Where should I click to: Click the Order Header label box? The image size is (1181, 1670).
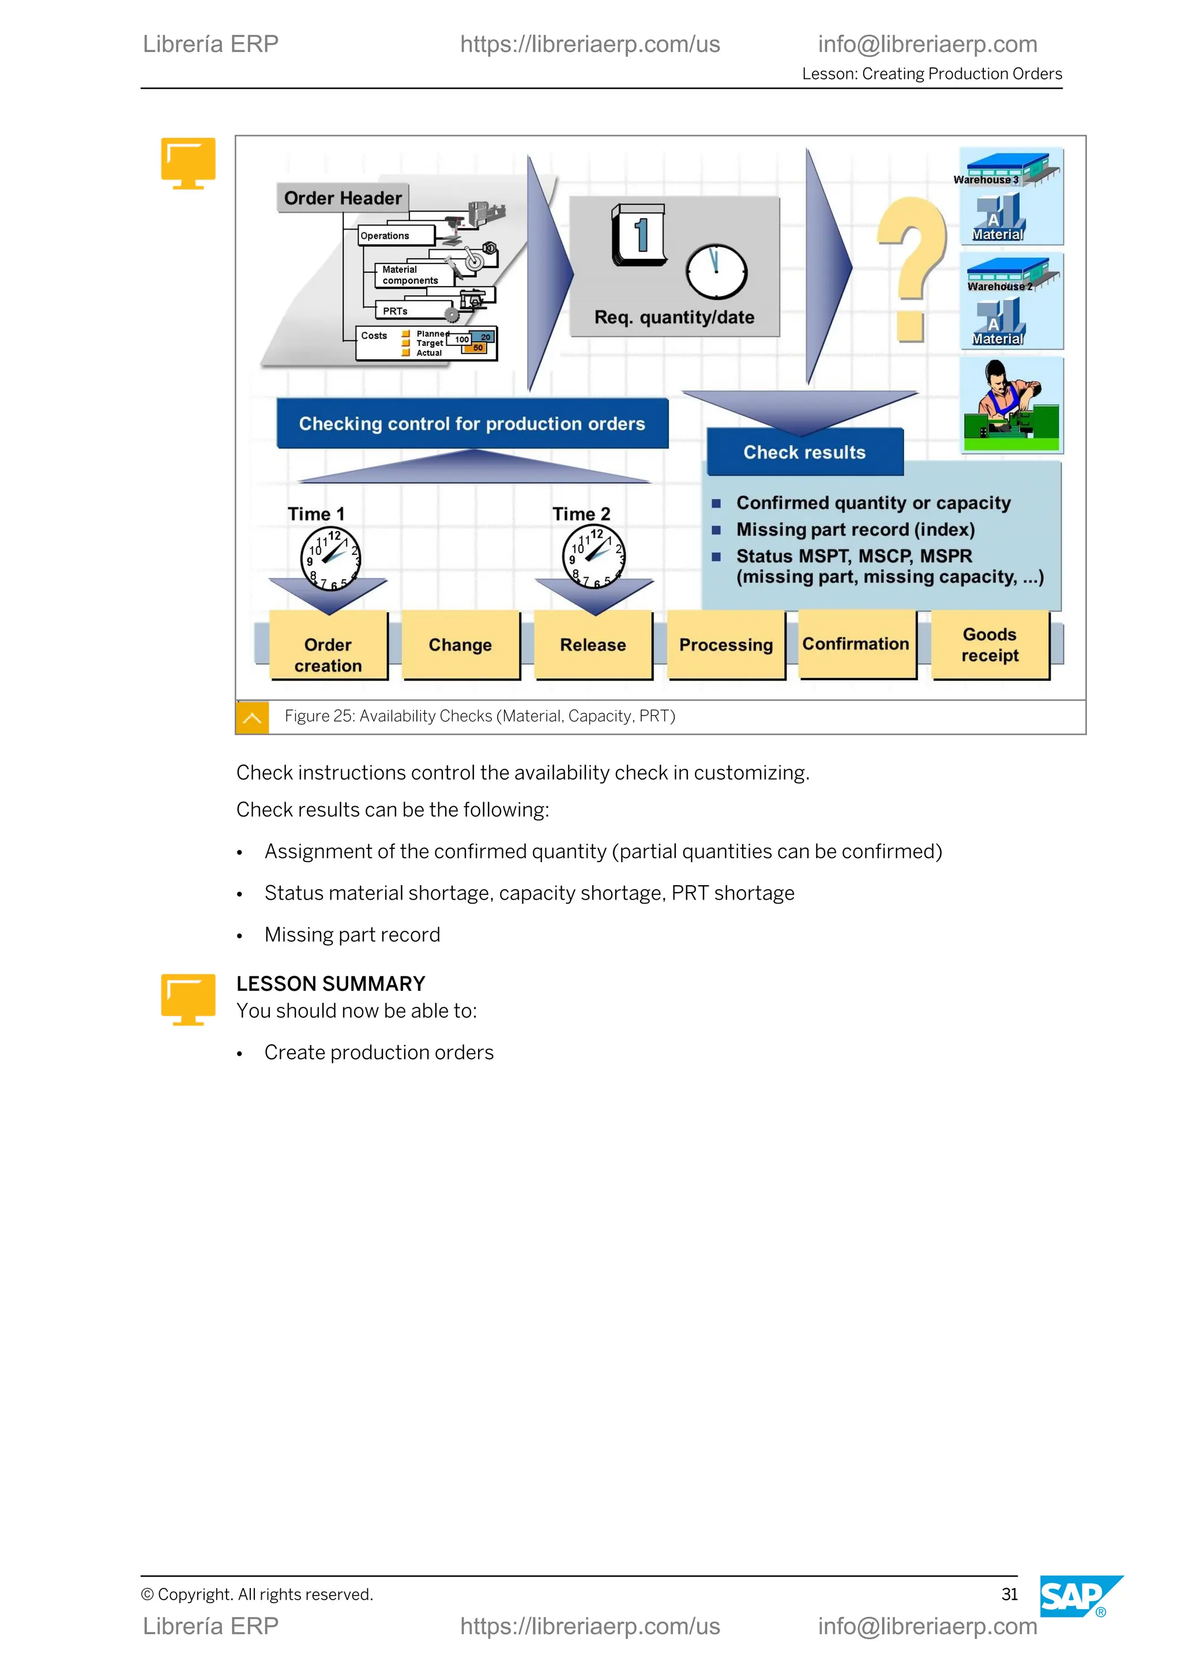tap(343, 198)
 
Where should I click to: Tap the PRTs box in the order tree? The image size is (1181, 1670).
tap(412, 311)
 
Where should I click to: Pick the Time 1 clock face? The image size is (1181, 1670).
tap(331, 557)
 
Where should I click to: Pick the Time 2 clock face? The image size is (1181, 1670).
tap(593, 556)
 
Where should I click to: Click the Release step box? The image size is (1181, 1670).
tap(593, 645)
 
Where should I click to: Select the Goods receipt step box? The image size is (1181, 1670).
tap(990, 645)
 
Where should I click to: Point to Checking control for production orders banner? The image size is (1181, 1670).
tap(472, 423)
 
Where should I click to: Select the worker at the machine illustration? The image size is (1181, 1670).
tap(1011, 406)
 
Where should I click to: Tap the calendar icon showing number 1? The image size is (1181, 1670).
tap(639, 235)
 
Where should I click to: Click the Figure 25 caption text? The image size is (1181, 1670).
tap(480, 716)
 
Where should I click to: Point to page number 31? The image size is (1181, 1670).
tap(1009, 1594)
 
